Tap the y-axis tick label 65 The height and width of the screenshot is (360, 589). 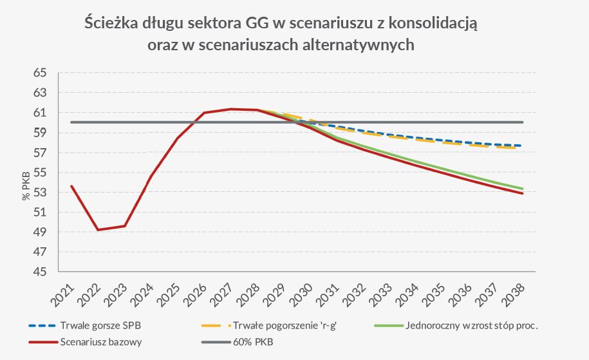click(x=41, y=73)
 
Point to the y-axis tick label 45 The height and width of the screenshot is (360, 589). click(x=41, y=272)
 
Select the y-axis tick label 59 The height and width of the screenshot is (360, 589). click(x=41, y=133)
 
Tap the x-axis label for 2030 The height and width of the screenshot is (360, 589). click(x=301, y=295)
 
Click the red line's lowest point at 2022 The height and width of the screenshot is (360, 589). click(x=98, y=230)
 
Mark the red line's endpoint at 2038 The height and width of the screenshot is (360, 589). click(x=523, y=193)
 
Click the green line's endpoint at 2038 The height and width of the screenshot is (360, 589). click(x=523, y=188)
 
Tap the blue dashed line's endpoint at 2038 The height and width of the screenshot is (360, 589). click(x=523, y=146)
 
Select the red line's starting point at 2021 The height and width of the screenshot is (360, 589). click(x=71, y=185)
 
